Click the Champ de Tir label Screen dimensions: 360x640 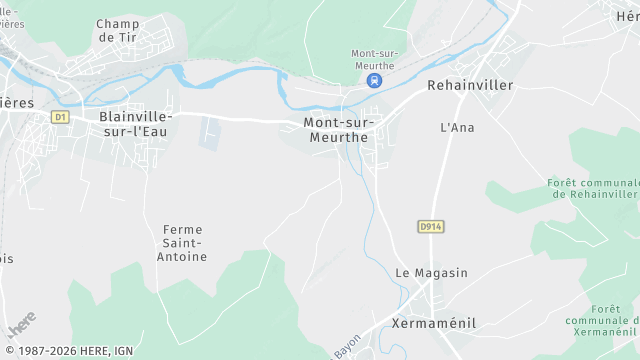coord(117,30)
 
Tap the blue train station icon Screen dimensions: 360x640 coord(373,81)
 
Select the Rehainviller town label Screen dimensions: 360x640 coord(470,86)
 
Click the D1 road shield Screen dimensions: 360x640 coord(60,117)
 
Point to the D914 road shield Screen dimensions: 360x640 coord(431,227)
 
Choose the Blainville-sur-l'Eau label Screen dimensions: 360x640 coord(136,123)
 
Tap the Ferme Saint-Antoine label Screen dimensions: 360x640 coord(183,243)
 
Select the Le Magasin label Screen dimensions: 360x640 coord(431,273)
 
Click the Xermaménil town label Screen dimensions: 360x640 coord(435,323)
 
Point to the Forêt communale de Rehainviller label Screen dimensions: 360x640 coord(593,189)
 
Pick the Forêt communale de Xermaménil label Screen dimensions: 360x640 coord(602,320)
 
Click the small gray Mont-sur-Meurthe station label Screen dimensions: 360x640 coord(373,59)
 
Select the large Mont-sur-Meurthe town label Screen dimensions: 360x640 coord(335,130)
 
